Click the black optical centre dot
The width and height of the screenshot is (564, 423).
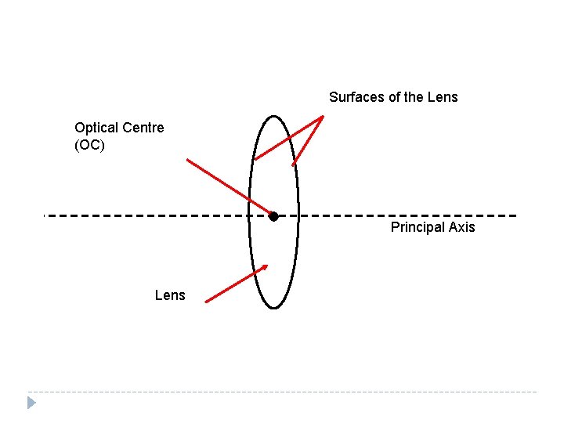tap(273, 216)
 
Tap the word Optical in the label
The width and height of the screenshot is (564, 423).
tap(96, 127)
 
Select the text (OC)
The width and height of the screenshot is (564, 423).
tap(89, 145)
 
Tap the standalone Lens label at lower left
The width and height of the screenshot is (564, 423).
tap(170, 295)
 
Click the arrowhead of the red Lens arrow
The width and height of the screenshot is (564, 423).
tap(265, 267)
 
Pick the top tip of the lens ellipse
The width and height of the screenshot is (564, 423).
tap(273, 117)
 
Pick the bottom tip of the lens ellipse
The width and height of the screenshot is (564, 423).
tap(273, 308)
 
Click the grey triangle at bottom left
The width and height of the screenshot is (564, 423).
tap(31, 403)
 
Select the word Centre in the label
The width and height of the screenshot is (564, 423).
tap(143, 127)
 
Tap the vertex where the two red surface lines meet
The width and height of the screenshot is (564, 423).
tap(324, 117)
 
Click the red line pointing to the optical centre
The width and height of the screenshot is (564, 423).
tap(229, 187)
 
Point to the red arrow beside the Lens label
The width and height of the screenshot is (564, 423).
tap(235, 284)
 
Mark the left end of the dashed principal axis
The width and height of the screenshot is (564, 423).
tap(45, 215)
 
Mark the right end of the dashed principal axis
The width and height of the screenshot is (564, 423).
tap(516, 215)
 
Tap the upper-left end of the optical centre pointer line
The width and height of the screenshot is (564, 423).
tap(187, 160)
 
